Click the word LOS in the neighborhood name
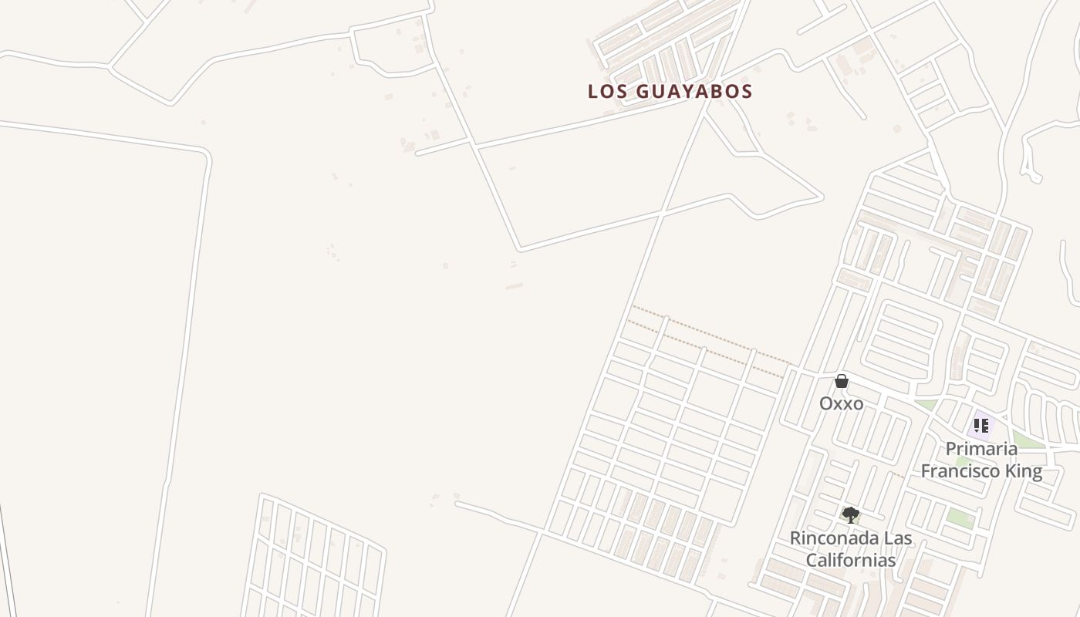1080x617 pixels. click(606, 91)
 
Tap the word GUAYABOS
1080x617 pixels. click(694, 91)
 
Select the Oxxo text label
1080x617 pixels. click(841, 403)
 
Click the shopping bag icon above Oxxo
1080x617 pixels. click(842, 381)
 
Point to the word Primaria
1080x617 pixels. click(981, 449)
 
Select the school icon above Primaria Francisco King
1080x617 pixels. click(981, 425)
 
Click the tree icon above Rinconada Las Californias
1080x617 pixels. click(850, 514)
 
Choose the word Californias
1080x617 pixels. click(851, 560)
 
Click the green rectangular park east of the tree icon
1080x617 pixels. click(960, 518)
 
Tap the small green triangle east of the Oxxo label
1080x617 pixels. click(926, 405)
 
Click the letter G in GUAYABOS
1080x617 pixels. click(643, 91)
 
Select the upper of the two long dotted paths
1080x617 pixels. click(710, 334)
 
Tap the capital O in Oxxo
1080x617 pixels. click(825, 403)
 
